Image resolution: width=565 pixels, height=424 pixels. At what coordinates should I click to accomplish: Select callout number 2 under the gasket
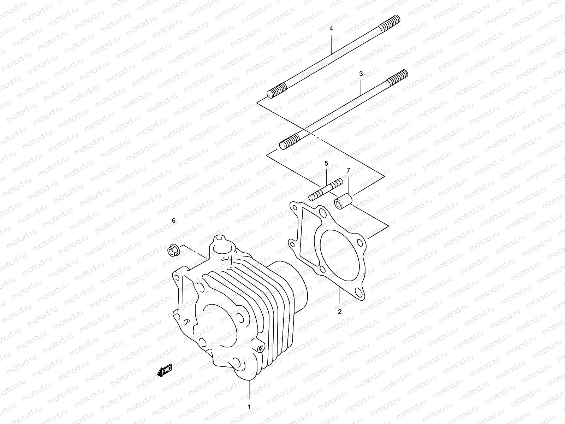[x=339, y=312]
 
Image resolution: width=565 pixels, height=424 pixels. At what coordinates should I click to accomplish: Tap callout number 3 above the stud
[x=361, y=74]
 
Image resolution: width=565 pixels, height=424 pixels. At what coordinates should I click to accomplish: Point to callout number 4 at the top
[x=331, y=28]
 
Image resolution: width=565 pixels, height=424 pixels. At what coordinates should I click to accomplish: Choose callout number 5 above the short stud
[x=326, y=163]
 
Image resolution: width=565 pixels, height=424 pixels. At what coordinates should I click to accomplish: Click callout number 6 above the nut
[x=174, y=220]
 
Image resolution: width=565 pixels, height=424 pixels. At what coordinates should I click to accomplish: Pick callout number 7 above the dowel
[x=348, y=171]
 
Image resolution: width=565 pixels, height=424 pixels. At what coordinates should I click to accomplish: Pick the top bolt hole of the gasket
[x=322, y=213]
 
